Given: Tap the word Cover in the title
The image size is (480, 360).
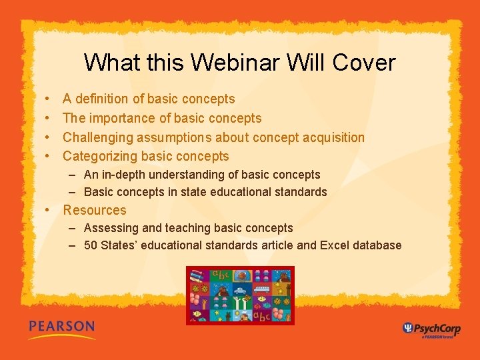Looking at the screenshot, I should point(363,63).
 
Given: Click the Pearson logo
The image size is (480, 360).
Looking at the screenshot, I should point(61,329).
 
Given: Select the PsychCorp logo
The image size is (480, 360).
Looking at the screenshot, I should point(431,329).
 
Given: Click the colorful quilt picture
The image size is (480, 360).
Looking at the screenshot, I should point(240,295).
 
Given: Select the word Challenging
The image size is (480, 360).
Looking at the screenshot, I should point(98,137).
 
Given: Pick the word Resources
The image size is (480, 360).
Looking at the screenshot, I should point(95,210).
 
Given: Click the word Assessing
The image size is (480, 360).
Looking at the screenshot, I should point(109,228).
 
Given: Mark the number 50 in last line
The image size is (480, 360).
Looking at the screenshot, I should point(91,245).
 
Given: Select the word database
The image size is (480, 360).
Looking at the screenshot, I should point(377,245).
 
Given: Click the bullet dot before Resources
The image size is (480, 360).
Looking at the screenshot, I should point(49,210).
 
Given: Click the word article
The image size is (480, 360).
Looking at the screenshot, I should point(277,245).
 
